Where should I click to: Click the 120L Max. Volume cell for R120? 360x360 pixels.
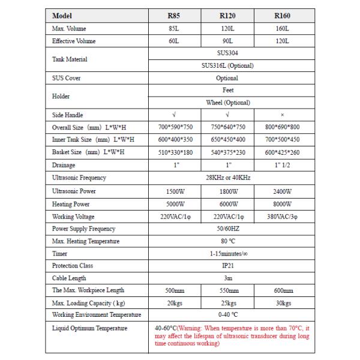coord(227,28)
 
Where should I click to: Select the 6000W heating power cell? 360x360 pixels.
coord(227,204)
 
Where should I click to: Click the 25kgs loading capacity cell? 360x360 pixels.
coord(227,302)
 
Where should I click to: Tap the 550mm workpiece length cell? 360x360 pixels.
coord(227,290)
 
